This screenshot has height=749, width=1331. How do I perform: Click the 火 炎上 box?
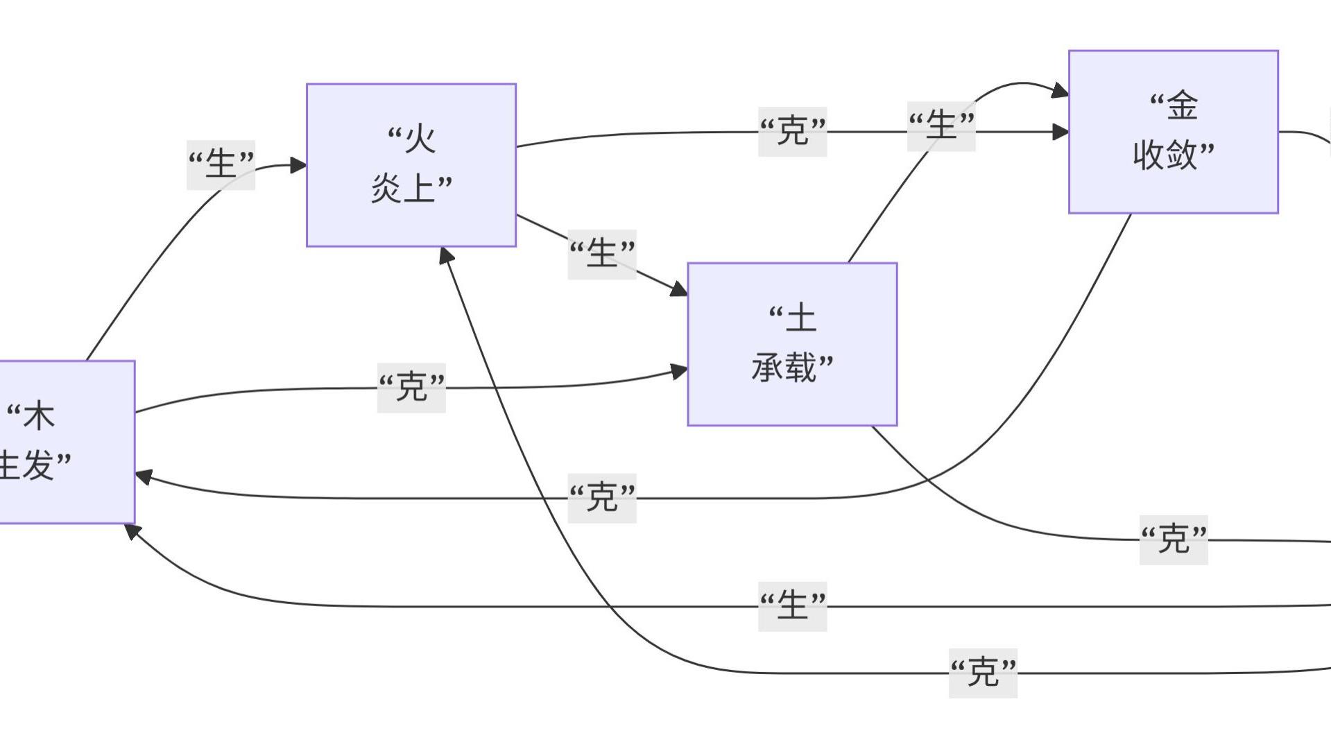tap(411, 165)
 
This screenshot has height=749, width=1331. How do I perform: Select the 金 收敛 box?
tap(1173, 132)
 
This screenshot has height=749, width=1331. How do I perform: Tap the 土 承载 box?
tap(792, 344)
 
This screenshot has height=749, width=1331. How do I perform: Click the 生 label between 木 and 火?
tap(221, 164)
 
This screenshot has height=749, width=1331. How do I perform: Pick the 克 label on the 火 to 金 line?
tap(792, 132)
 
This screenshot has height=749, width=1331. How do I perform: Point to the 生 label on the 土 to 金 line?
tap(941, 126)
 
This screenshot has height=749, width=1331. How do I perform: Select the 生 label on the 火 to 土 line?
tap(602, 254)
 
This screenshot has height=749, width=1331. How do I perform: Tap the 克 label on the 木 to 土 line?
tap(411, 388)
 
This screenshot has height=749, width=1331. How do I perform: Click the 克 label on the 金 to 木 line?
tap(602, 498)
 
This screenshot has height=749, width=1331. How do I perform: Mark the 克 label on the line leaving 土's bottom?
tap(1174, 540)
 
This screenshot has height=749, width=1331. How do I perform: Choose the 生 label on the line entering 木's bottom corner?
tap(792, 606)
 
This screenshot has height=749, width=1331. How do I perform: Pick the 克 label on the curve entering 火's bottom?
tap(983, 673)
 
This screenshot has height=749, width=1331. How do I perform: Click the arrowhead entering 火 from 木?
tap(299, 165)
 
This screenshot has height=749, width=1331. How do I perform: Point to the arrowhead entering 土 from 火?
tap(679, 289)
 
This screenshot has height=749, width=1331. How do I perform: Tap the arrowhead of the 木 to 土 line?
tap(680, 372)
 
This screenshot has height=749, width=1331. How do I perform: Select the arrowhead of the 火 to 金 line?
tap(1060, 132)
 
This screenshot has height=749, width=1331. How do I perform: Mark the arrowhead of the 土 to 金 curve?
tap(1060, 90)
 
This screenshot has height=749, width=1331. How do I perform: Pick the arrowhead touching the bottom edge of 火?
tap(447, 256)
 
